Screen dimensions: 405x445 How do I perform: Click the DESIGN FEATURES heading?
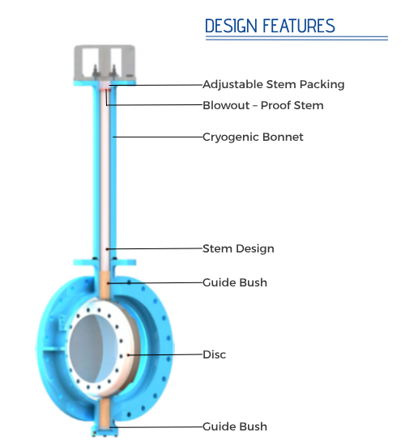(270, 26)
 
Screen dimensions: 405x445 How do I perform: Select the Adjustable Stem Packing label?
(274, 85)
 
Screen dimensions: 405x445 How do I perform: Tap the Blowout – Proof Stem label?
(263, 105)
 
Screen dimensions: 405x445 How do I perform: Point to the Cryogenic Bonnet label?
(253, 137)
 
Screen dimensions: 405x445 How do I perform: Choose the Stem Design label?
(238, 248)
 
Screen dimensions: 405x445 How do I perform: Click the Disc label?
(215, 354)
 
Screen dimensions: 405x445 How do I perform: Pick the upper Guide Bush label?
(235, 282)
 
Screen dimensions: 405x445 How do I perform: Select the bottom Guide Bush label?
(235, 426)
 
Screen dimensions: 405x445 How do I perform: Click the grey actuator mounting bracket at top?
(104, 63)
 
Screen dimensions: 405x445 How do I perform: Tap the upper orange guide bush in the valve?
(105, 285)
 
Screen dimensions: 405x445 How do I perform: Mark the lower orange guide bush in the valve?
(104, 413)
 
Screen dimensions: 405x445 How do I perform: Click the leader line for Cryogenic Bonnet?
(158, 137)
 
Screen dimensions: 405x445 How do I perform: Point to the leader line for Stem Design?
(155, 249)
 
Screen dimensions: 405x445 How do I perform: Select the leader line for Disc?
(165, 354)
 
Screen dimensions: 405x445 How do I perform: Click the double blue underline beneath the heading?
(296, 38)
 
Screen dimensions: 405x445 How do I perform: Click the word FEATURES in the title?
(299, 26)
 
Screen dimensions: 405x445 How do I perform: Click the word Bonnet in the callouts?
(283, 137)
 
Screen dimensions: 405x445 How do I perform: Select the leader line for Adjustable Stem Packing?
(156, 85)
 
